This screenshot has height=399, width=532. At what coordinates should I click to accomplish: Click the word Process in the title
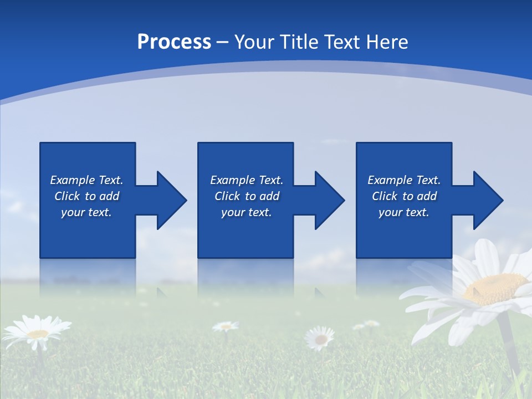(x=174, y=42)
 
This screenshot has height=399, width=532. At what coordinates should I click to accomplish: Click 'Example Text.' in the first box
(x=86, y=180)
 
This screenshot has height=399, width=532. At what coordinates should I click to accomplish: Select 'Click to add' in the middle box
(x=247, y=196)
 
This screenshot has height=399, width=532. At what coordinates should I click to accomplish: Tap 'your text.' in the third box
(x=403, y=212)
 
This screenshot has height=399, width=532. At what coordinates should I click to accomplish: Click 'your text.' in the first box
(x=86, y=212)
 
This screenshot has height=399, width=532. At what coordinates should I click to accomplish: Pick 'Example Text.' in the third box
(x=403, y=180)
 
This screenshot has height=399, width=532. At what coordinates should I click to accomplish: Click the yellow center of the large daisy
(x=495, y=288)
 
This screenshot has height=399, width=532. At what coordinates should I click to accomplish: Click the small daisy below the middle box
(x=320, y=337)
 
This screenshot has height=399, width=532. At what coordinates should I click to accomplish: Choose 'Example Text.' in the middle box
(x=247, y=180)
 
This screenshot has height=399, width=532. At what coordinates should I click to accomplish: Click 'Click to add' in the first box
(x=86, y=196)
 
